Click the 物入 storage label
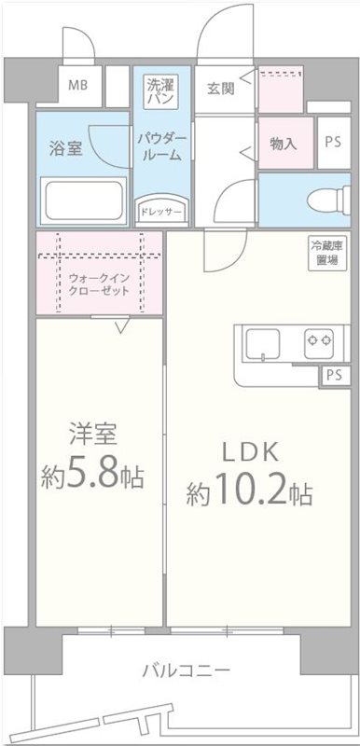[x=283, y=144]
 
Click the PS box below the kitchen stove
[x=335, y=375]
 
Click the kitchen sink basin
[x=264, y=346]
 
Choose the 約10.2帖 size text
[x=248, y=491]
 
